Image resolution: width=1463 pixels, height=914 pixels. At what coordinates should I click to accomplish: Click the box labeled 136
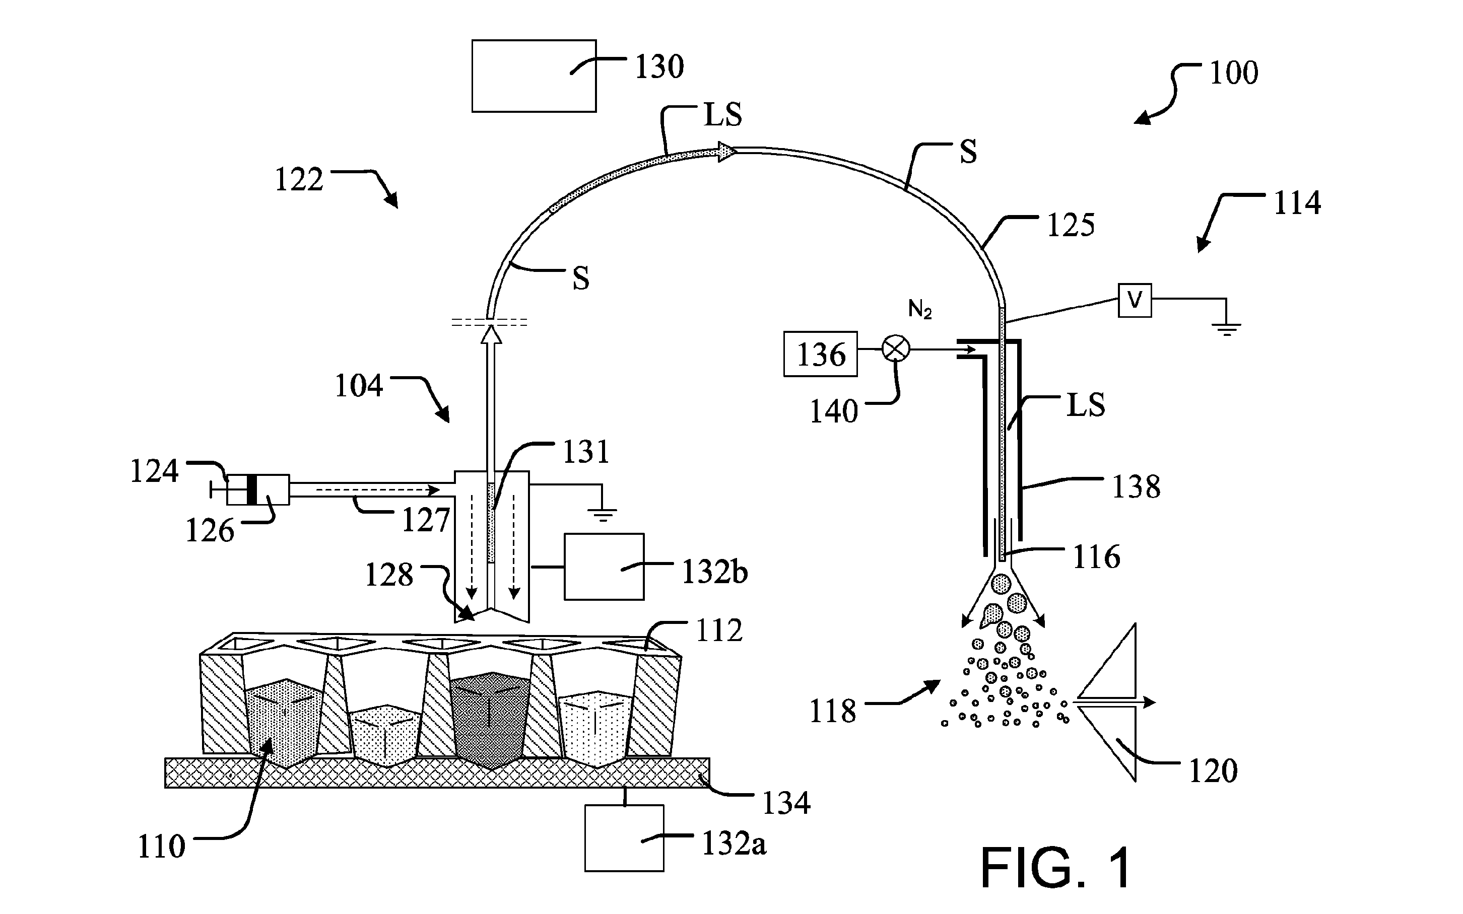[820, 354]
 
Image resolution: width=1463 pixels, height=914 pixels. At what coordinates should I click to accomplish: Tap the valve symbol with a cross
[897, 349]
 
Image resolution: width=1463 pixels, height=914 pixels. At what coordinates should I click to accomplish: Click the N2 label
[920, 310]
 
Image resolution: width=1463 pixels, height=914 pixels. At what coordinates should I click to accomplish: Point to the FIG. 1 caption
[1055, 868]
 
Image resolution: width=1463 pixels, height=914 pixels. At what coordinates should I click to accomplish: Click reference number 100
[1233, 73]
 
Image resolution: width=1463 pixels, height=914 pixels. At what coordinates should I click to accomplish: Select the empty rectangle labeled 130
[534, 76]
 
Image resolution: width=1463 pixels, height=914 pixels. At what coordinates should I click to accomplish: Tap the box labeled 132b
[604, 567]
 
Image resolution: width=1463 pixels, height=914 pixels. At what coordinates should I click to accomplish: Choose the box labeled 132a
[624, 838]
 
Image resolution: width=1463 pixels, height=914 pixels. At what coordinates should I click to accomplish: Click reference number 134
[786, 803]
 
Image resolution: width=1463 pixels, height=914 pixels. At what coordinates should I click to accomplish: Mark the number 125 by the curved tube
[1071, 226]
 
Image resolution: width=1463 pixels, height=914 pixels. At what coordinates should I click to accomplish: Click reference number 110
[161, 847]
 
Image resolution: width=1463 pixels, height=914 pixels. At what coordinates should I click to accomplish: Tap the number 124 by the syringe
[154, 471]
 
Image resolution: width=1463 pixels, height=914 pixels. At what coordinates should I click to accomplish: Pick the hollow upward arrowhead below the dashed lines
[491, 334]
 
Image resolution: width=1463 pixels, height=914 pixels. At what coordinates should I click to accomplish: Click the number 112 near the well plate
[719, 631]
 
